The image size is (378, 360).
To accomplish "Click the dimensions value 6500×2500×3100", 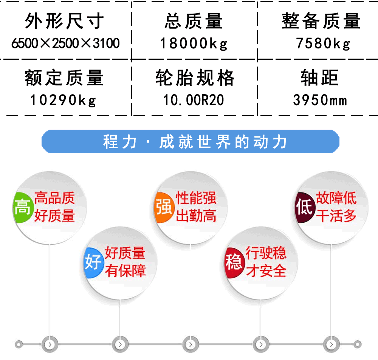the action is point(65,43).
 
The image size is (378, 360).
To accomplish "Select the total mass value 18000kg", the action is point(194,43).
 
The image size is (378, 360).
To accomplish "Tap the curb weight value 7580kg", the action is point(323,43).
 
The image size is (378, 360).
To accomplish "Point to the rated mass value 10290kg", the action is point(63,100).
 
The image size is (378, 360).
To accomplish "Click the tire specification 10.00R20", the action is point(194,100).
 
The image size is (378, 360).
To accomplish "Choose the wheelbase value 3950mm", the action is point(320,100).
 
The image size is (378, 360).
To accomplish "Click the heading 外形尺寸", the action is point(64,21).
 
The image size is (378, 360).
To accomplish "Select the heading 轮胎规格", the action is point(195,78).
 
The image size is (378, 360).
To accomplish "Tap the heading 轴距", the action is point(320,78).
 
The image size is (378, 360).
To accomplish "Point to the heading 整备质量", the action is point(321,21).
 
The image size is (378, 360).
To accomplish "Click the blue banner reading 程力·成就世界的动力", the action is point(191,141).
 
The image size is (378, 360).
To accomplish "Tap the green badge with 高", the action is point(22,208).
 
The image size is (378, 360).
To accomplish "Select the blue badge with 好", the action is point(93,262).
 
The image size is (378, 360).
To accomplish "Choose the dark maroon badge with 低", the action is point(305,208).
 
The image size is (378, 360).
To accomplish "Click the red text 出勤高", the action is point(196,216).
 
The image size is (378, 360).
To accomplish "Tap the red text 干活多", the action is point(336,216).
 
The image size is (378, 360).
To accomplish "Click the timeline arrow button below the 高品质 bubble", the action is point(50,344).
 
